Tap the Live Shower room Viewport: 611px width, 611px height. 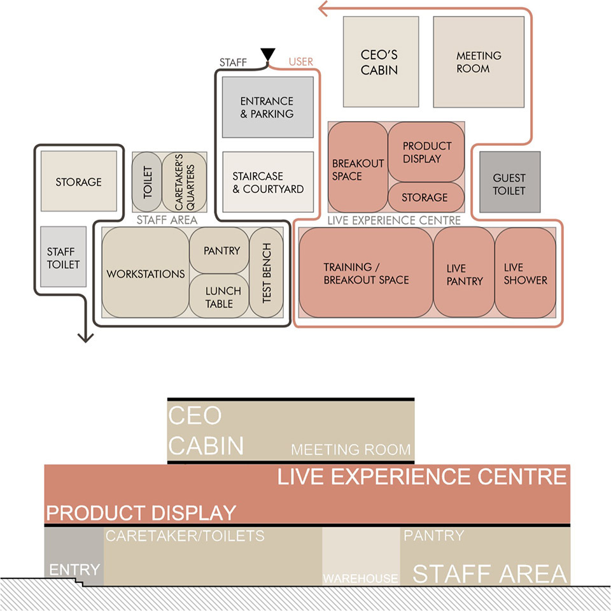525,273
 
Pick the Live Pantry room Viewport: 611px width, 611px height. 464,273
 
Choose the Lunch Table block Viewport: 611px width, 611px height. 222,296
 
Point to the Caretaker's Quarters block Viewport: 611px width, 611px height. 183,182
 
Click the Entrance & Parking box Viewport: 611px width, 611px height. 267,107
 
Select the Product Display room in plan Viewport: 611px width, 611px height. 426,152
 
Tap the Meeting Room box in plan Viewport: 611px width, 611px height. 479,62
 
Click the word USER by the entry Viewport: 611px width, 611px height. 301,62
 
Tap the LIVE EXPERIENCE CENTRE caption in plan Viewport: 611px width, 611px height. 393,220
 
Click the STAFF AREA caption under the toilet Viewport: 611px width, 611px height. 167,220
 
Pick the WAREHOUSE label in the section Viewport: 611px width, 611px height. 360,579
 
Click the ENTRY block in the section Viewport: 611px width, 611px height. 74,568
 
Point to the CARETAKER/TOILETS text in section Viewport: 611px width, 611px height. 185,536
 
